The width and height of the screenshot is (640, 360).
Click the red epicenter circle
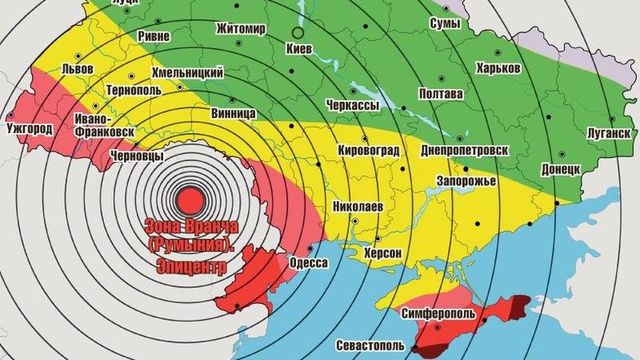[187, 196]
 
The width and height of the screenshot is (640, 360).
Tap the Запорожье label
[465, 182]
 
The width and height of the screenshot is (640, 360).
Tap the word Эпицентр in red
[193, 268]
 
